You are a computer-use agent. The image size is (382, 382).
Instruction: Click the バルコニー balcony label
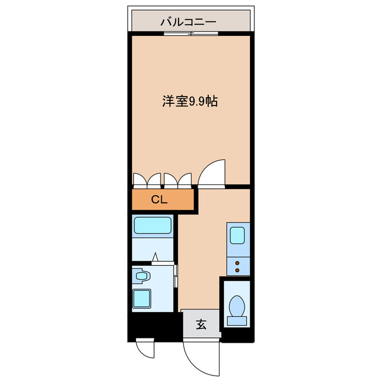188,22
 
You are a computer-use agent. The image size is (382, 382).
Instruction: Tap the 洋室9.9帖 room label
189,101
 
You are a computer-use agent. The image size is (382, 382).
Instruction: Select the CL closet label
159,200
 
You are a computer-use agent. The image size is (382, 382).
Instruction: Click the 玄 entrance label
201,325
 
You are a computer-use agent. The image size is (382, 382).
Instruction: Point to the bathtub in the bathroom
153,226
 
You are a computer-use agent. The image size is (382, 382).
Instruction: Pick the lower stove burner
237,270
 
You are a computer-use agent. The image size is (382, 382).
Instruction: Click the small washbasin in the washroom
142,276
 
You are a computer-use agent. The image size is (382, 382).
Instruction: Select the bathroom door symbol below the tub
155,258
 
